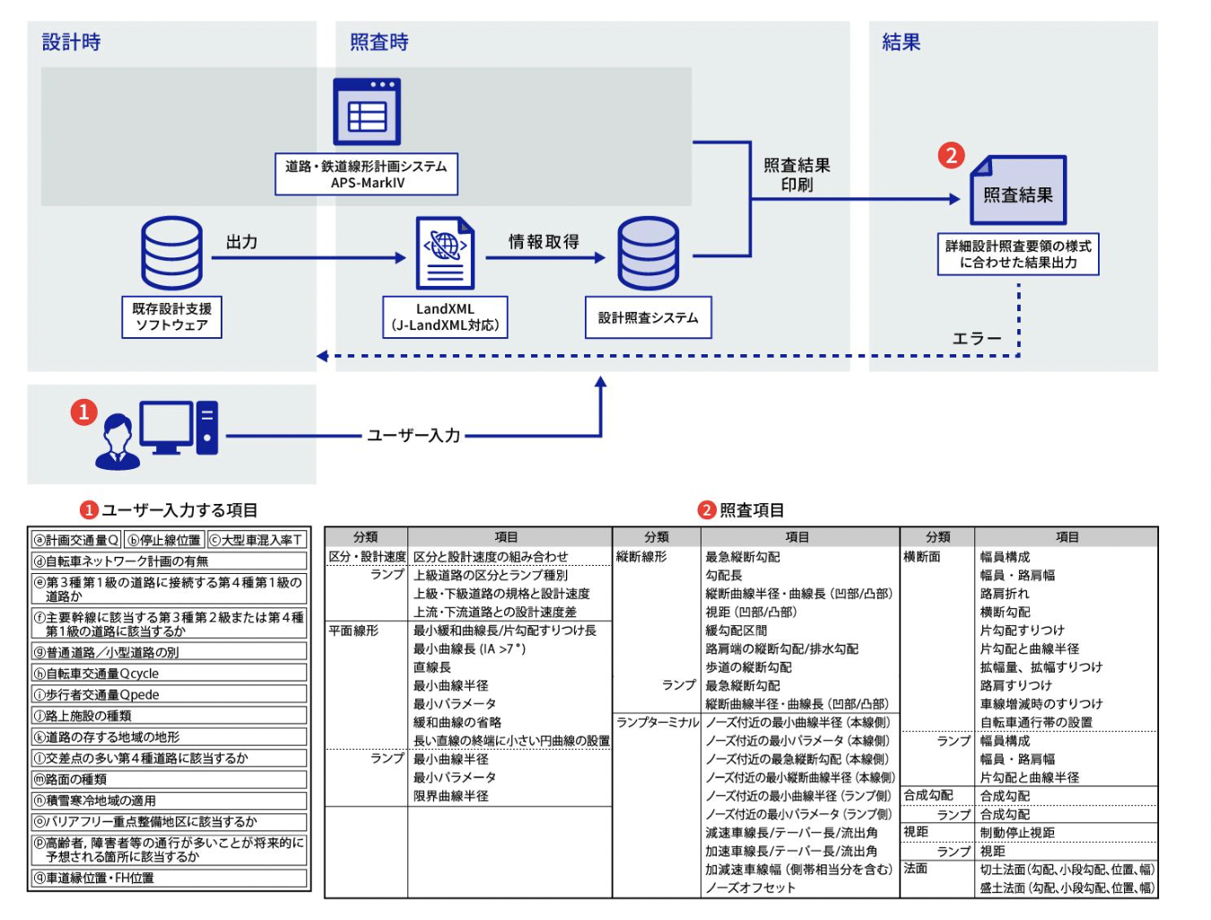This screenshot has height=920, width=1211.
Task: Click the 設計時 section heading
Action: pyautogui.click(x=72, y=42)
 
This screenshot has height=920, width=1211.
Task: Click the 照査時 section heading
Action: pyautogui.click(x=379, y=42)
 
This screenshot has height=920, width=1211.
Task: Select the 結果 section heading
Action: pyautogui.click(x=901, y=42)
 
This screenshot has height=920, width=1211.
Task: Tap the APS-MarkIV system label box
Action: pyautogui.click(x=366, y=174)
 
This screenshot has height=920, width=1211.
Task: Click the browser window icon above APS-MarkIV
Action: pyautogui.click(x=366, y=111)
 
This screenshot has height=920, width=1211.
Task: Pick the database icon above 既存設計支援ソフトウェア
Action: pyautogui.click(x=171, y=253)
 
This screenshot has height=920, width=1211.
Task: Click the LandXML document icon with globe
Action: pyautogui.click(x=445, y=253)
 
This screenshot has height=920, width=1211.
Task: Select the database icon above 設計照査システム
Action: pyautogui.click(x=648, y=253)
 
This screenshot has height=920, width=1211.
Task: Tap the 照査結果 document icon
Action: pyautogui.click(x=1017, y=191)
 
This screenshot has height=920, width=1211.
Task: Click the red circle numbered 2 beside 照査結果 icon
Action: pyautogui.click(x=951, y=155)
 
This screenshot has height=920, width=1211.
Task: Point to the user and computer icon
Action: pyautogui.click(x=158, y=434)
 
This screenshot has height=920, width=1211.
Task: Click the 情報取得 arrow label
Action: pyautogui.click(x=544, y=242)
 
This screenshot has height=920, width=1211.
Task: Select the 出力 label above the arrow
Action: pyautogui.click(x=242, y=242)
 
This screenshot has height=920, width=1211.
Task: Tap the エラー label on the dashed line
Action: pyautogui.click(x=976, y=339)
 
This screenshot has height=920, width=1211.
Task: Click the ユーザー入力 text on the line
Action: pyautogui.click(x=414, y=436)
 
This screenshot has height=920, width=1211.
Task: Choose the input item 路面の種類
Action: pyautogui.click(x=170, y=779)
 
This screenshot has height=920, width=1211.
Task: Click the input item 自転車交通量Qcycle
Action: pyautogui.click(x=170, y=673)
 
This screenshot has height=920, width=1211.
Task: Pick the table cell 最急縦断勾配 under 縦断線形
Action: pyautogui.click(x=743, y=557)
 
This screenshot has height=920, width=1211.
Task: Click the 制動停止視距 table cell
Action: pyautogui.click(x=1017, y=832)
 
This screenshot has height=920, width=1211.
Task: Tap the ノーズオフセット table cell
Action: pyautogui.click(x=750, y=888)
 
